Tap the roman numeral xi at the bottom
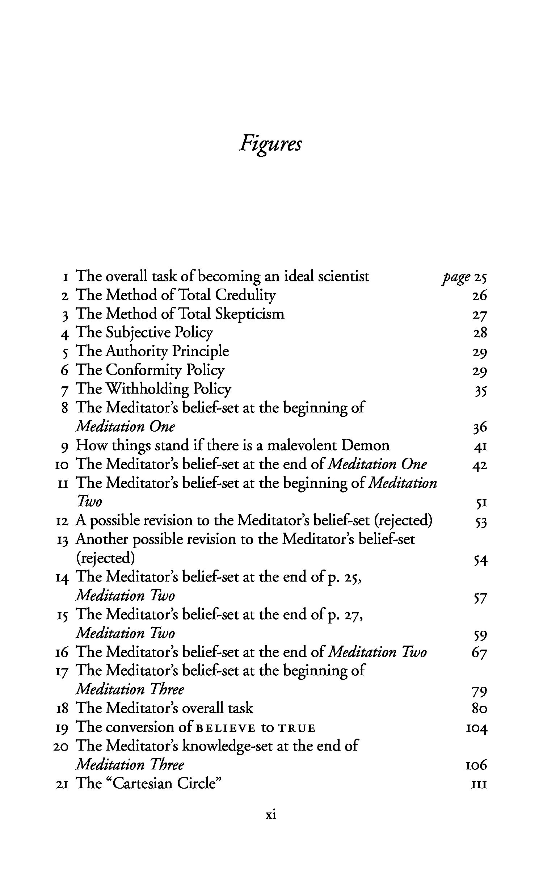[271, 814]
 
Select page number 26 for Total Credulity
[480, 296]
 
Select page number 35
[480, 391]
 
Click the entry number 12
[63, 522]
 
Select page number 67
[480, 653]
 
